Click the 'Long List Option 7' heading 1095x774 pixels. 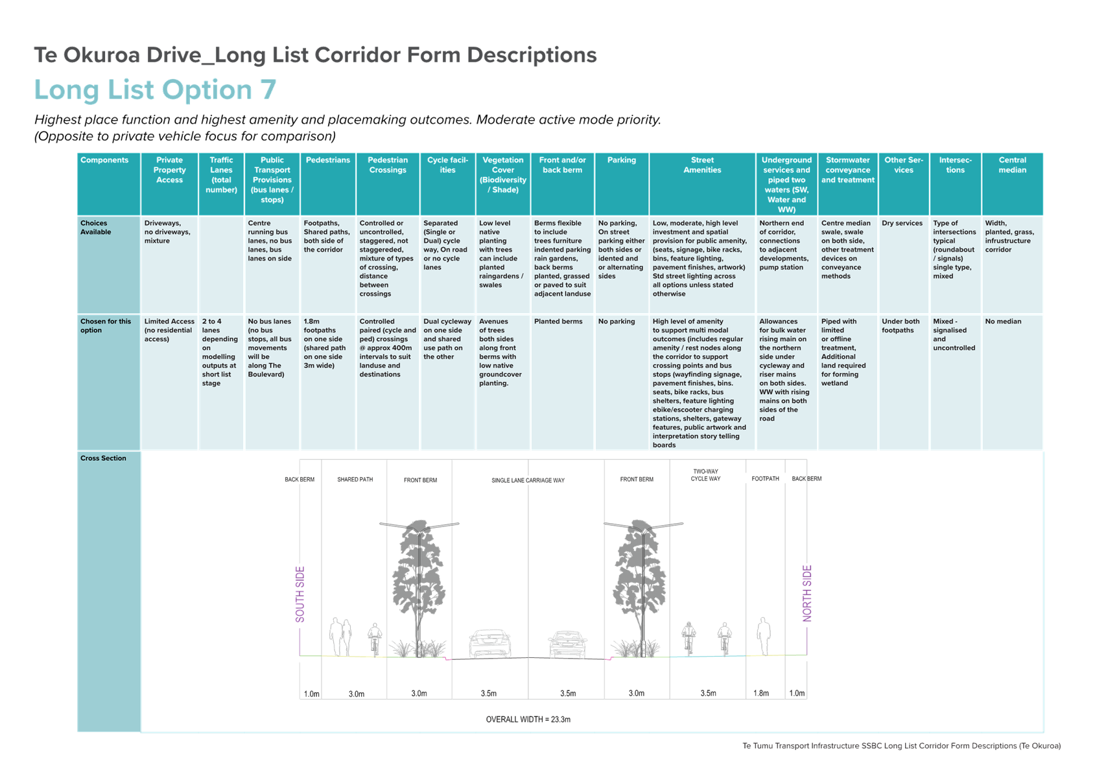pos(155,90)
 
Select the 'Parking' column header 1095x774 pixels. pos(621,160)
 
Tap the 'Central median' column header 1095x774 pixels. pos(1013,165)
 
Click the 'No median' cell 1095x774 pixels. pos(1003,322)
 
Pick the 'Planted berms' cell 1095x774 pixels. pos(558,322)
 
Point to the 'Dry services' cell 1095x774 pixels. pos(902,223)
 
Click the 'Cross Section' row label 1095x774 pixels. pos(103,458)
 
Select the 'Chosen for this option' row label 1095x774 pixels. pos(106,326)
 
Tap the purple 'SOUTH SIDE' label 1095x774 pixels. pos(300,594)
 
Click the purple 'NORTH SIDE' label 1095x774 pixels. pos(807,593)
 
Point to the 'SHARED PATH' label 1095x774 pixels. pos(355,480)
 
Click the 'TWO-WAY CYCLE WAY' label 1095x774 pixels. pos(705,475)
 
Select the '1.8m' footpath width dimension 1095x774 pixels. pos(761,694)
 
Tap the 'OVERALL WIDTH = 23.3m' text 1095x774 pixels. pos(528,720)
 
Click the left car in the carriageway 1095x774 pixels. pos(490,643)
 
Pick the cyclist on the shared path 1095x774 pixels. pos(375,639)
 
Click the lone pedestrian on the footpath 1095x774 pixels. pos(764,636)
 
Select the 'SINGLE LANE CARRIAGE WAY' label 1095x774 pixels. pos(528,481)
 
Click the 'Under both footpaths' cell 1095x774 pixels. pos(901,326)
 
